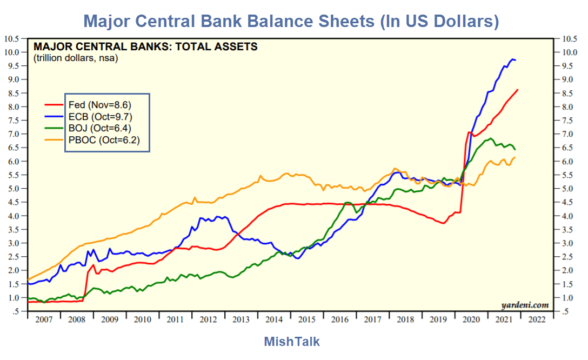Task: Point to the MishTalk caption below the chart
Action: point(292,342)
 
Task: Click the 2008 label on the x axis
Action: point(77,319)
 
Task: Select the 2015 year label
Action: point(307,319)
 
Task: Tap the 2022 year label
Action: point(537,319)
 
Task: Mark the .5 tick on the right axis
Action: point(567,311)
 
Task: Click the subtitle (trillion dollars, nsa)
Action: point(76,58)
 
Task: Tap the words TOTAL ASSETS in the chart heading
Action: point(217,46)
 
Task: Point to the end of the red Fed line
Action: point(518,90)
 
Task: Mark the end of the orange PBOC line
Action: point(515,157)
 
